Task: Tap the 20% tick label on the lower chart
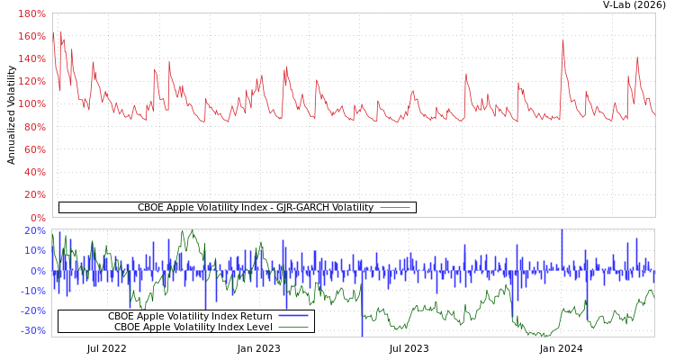[34, 230]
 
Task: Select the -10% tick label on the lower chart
[32, 291]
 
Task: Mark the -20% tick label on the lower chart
[32, 310]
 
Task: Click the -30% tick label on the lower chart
[32, 330]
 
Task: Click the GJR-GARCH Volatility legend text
[255, 208]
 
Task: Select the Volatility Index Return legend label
[190, 316]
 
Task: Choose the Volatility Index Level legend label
[193, 327]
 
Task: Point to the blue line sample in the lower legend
[292, 316]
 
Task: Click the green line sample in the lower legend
[292, 327]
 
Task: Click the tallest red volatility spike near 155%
[562, 40]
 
